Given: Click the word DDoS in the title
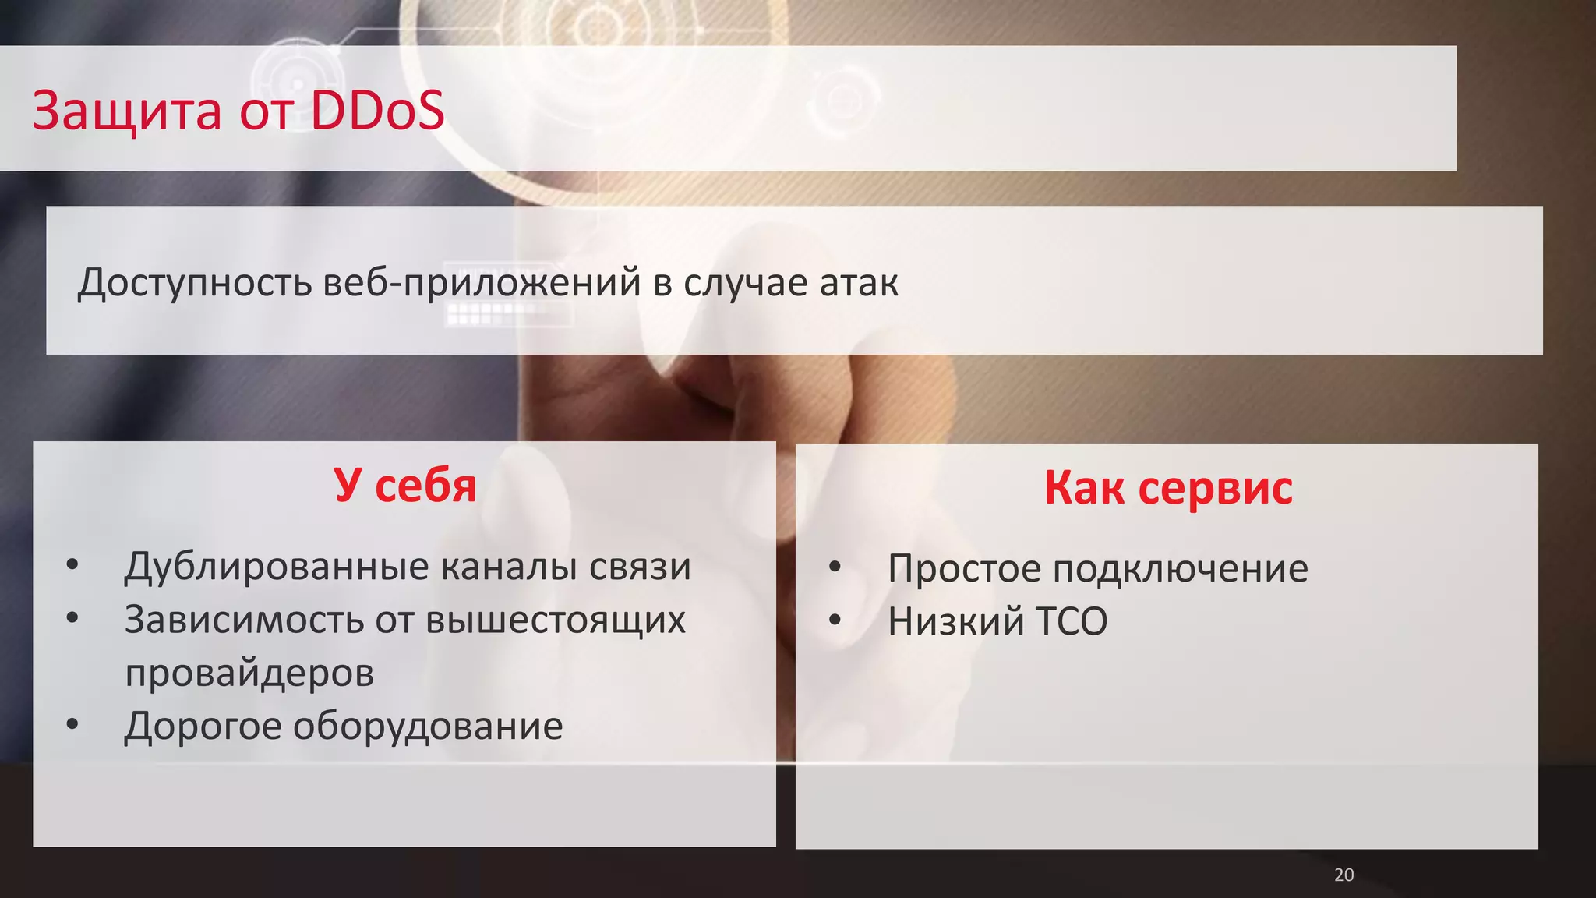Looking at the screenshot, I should (x=377, y=111).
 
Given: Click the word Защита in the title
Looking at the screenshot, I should (x=127, y=111).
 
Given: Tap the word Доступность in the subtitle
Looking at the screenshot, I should (x=195, y=282).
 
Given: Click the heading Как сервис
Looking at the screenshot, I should (x=1167, y=488).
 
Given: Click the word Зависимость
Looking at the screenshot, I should (x=244, y=620).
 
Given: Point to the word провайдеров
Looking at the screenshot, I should (x=249, y=673).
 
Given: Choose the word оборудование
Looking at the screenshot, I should (x=428, y=726).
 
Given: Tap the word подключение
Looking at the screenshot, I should (x=1180, y=568).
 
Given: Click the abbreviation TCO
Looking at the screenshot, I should (x=1071, y=622).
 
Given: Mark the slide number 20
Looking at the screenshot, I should (x=1344, y=875).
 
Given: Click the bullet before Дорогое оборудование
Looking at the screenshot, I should (x=72, y=724).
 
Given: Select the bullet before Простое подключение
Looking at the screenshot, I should (x=835, y=567).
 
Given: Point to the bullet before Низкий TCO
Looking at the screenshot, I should (x=835, y=620).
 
